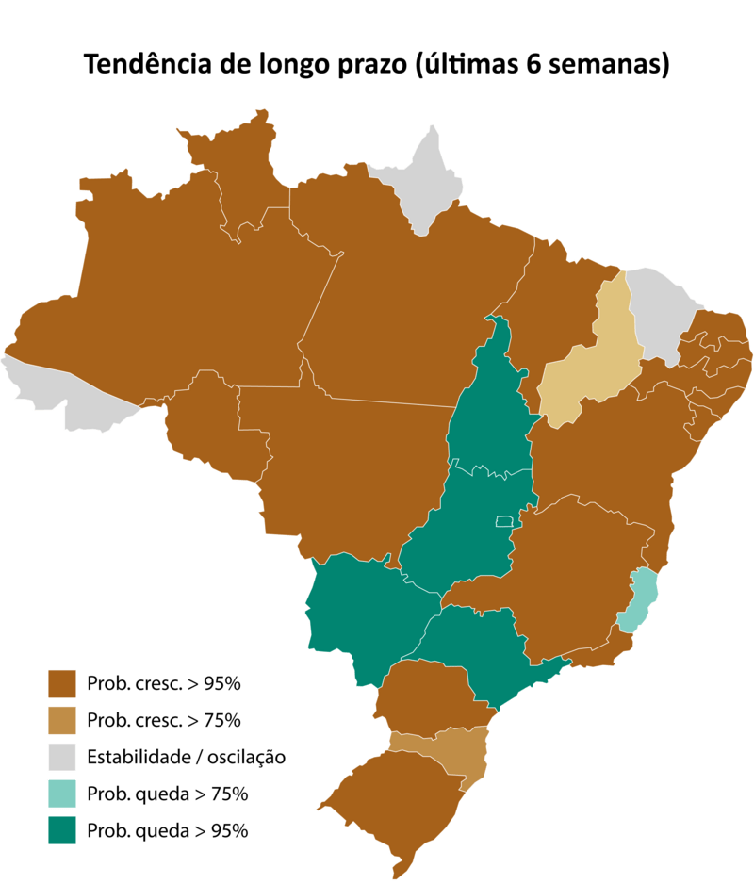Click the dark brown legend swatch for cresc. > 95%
62,683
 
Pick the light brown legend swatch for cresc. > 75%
62,720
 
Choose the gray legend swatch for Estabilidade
62,757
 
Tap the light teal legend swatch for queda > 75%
62,794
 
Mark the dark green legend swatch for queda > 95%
62,830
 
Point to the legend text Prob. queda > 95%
167,830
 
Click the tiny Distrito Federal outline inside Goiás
504,520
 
